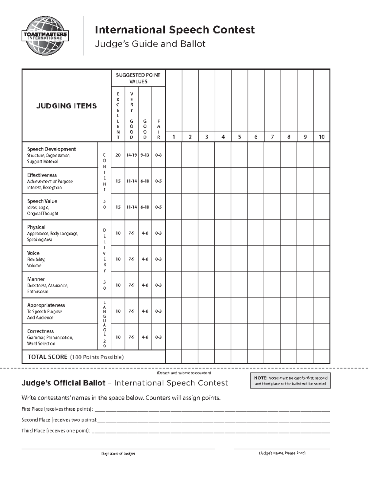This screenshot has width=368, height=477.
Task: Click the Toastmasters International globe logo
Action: click(45, 36)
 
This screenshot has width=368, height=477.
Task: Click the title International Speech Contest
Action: click(174, 30)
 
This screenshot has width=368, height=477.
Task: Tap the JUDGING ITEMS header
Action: click(67, 106)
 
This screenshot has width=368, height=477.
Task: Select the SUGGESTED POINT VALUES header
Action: click(138, 78)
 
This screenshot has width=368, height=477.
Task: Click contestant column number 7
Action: click(272, 137)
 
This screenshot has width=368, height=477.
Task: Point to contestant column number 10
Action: click(321, 137)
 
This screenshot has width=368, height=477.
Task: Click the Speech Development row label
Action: click(51, 149)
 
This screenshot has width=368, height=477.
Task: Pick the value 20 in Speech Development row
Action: click(118, 155)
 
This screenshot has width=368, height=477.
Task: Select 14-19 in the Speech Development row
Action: click(132, 155)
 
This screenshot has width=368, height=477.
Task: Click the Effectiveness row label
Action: click(42, 175)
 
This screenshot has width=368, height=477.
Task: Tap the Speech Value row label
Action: click(42, 201)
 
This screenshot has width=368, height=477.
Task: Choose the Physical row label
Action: click(36, 227)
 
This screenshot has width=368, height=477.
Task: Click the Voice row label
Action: click(33, 253)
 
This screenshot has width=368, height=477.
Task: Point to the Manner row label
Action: click(36, 279)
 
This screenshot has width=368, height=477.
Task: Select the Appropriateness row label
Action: click(46, 305)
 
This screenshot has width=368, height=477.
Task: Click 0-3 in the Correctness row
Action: click(158, 337)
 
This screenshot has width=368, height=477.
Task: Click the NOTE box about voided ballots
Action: click(290, 381)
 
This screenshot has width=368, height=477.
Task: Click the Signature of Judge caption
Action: click(118, 453)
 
